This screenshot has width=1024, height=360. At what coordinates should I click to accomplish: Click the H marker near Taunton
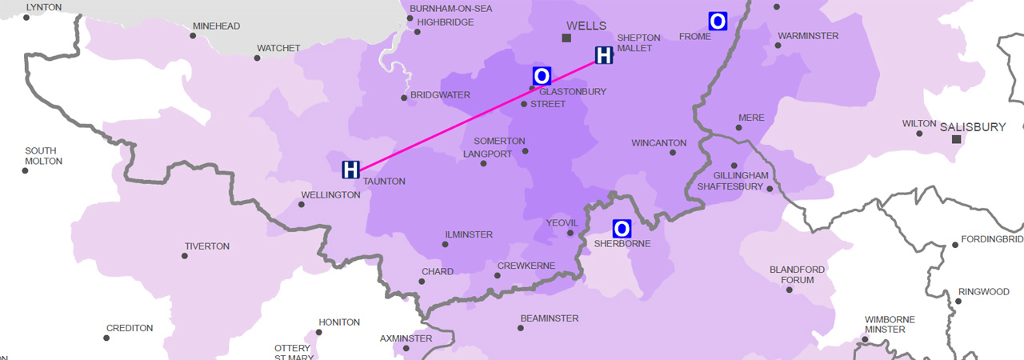click(x=350, y=169)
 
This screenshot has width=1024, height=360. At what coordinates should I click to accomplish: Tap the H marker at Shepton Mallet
click(x=604, y=55)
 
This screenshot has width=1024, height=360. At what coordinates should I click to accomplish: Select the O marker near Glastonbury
click(x=542, y=76)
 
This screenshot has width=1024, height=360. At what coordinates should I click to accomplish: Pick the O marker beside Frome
click(x=718, y=22)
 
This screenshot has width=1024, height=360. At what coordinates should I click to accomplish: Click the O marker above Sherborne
click(x=622, y=229)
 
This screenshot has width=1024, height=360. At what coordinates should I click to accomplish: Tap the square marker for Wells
click(x=566, y=38)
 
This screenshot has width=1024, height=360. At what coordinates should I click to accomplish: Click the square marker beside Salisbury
click(x=956, y=139)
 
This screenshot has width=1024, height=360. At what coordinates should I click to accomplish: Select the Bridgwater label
click(x=440, y=95)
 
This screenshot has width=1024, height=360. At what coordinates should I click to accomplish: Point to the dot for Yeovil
click(x=570, y=233)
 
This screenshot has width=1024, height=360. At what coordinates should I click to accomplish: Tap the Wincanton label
click(x=658, y=143)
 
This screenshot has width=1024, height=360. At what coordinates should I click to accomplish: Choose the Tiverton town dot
click(x=185, y=256)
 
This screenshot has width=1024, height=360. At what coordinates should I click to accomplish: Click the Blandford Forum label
click(x=791, y=275)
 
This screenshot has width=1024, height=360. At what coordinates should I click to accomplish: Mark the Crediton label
click(x=129, y=329)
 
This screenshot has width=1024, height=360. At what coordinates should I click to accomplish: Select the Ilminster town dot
click(x=446, y=244)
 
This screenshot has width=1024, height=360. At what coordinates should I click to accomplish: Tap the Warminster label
click(x=808, y=36)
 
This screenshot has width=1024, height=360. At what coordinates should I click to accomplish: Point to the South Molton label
click(x=43, y=156)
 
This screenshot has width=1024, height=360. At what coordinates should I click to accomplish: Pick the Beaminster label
click(x=549, y=318)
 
